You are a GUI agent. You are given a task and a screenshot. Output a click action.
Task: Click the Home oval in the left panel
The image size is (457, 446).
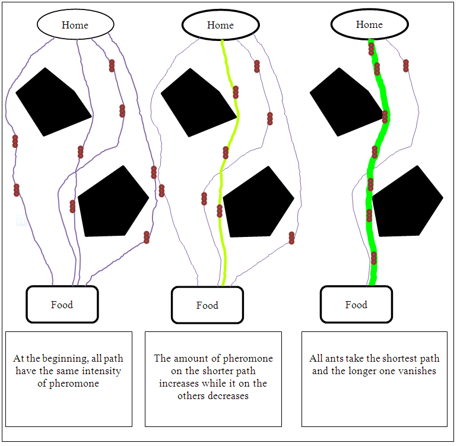(75, 24)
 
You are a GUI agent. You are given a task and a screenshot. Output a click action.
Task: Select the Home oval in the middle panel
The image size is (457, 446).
(220, 25)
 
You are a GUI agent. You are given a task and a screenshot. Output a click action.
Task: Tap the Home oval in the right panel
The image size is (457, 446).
(369, 24)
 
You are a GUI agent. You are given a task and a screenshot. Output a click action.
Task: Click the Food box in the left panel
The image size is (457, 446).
(62, 305)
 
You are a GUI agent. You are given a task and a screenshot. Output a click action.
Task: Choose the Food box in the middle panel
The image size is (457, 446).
(207, 305)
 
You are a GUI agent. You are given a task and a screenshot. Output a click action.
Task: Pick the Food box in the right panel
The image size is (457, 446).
(356, 305)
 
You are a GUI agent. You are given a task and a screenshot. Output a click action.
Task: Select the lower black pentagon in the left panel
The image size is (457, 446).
(112, 202)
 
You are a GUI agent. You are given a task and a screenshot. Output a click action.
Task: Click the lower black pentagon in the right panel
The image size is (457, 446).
(407, 202)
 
